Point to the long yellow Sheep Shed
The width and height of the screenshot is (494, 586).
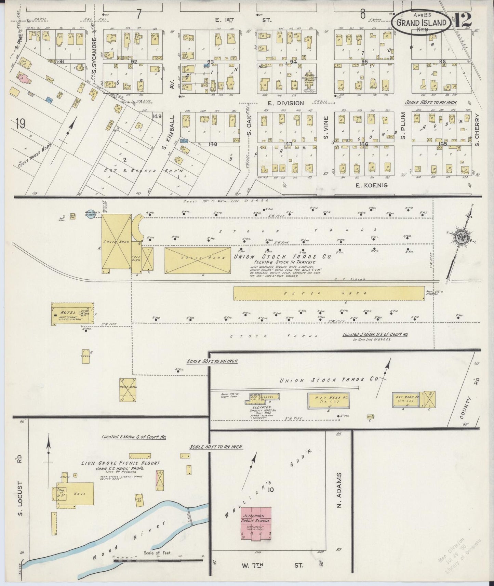tap(329, 293)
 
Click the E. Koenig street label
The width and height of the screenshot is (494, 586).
tap(368, 185)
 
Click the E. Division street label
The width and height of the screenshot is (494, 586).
tap(285, 103)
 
